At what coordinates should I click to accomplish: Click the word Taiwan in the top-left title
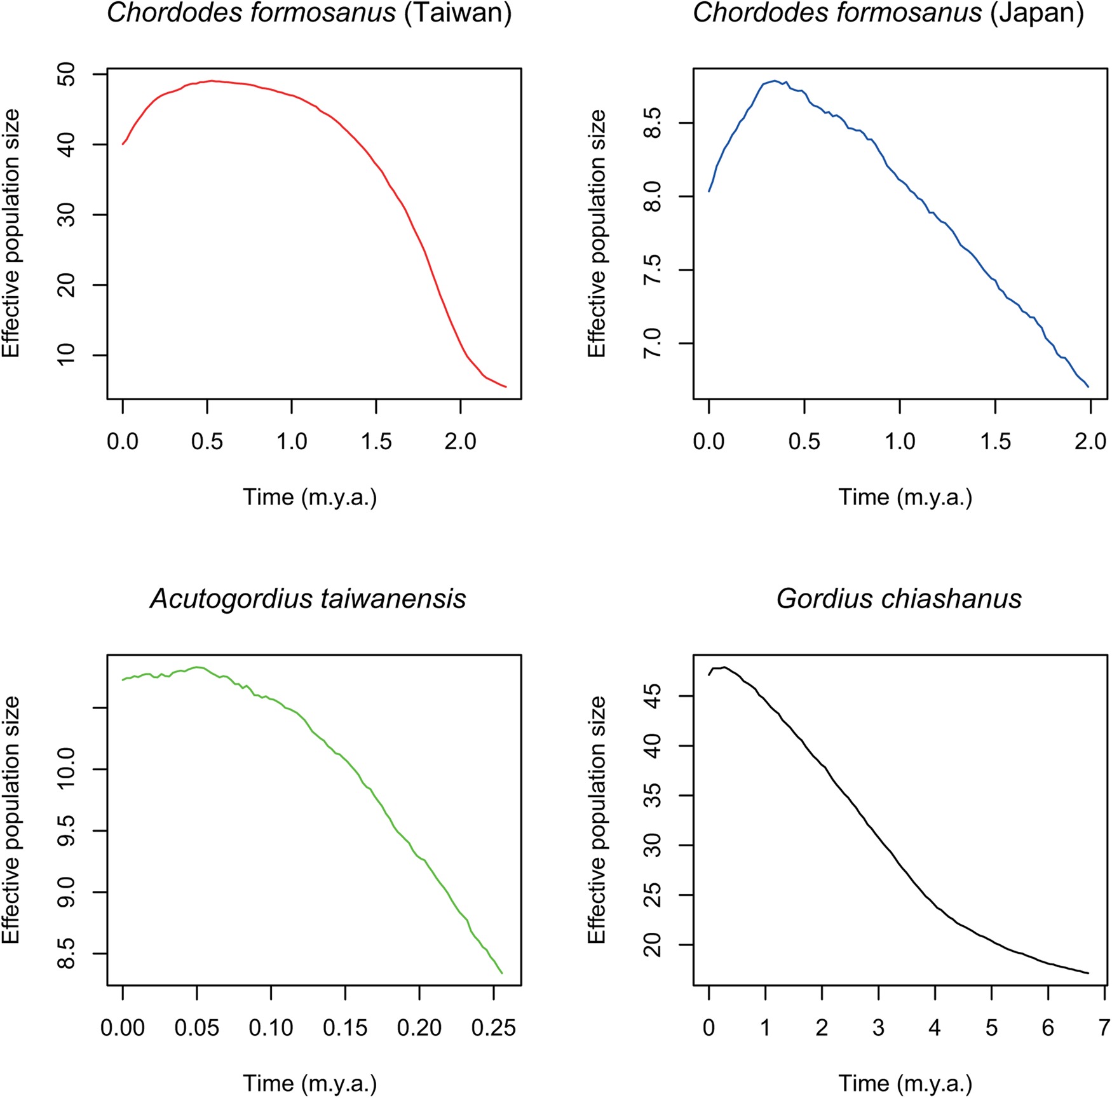pos(458,13)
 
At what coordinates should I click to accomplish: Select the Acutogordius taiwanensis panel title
pos(308,599)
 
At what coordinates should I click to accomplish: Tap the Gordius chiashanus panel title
pos(898,599)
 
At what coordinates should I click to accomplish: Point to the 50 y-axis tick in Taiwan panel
pos(66,75)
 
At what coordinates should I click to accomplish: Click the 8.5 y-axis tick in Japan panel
pos(653,123)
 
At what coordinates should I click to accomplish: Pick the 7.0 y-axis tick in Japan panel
pos(653,344)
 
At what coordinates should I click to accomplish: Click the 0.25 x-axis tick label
pos(493,1027)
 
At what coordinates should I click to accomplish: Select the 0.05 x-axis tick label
pos(197,1027)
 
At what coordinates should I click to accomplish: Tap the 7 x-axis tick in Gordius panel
pos(1104,1027)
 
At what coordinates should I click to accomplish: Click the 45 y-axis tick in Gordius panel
pos(653,696)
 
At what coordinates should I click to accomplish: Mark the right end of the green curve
pos(502,973)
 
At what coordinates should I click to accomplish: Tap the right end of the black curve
pos(1088,973)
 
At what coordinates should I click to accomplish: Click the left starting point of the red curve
pos(123,144)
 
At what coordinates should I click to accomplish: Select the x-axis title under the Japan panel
pos(905,497)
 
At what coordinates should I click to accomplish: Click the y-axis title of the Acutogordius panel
pos(11,820)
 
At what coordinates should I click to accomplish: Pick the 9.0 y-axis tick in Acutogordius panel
pos(66,892)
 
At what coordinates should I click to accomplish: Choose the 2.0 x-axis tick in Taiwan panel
pos(460,441)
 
